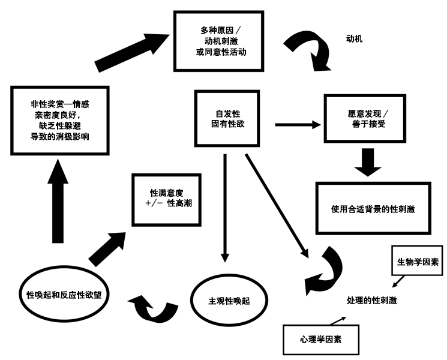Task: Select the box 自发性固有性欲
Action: pyautogui.click(x=227, y=119)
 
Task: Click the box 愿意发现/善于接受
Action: pyautogui.click(x=363, y=118)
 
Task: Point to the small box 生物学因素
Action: pyautogui.click(x=417, y=262)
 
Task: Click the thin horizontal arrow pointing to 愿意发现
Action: pyautogui.click(x=297, y=125)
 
